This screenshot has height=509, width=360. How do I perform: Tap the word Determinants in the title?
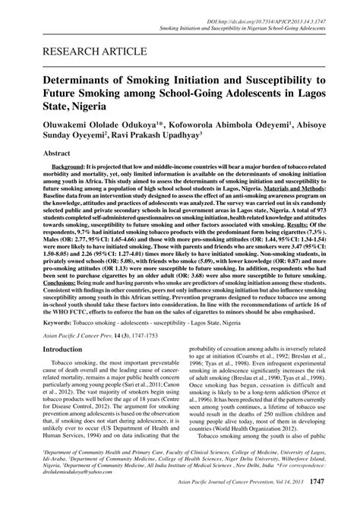(x=84, y=80)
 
